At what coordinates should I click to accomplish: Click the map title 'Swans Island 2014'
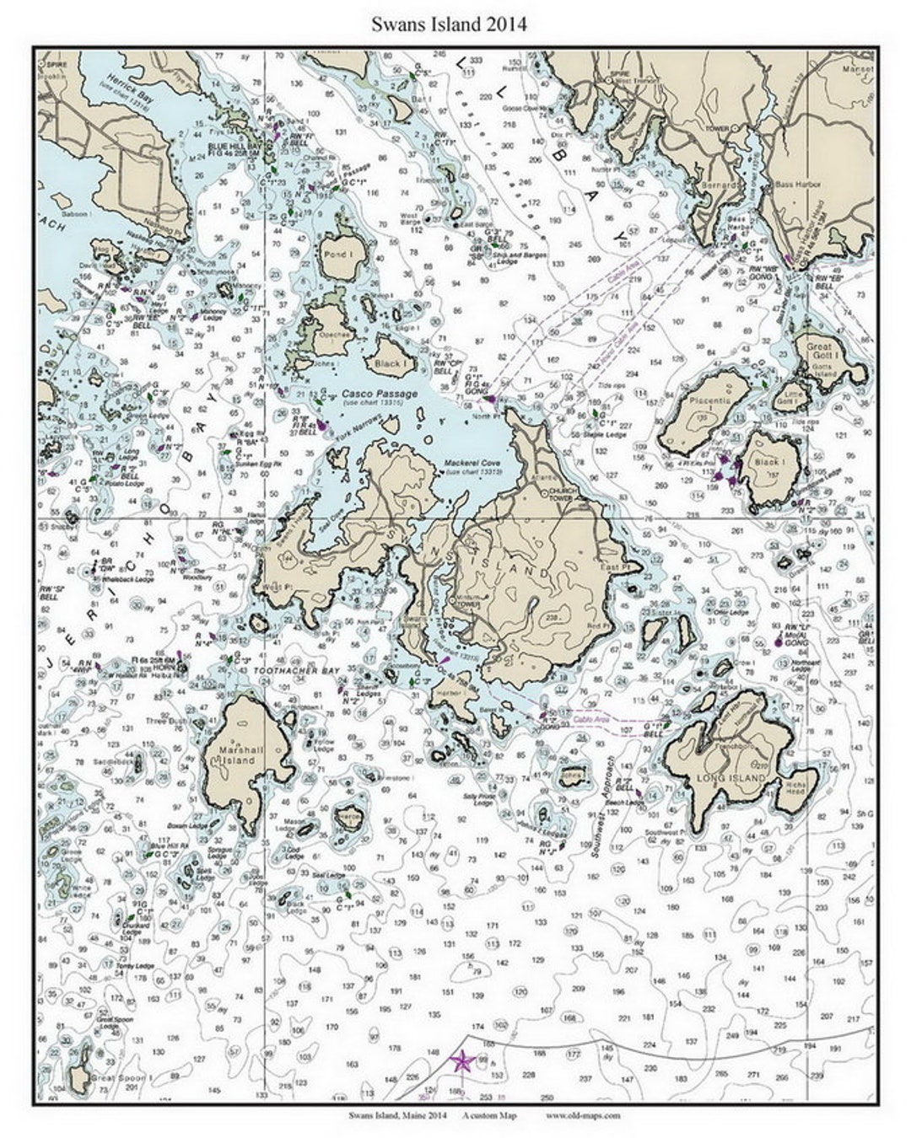click(x=450, y=24)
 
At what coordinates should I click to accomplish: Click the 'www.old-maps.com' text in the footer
click(x=583, y=1115)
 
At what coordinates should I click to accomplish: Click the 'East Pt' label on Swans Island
click(x=631, y=568)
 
